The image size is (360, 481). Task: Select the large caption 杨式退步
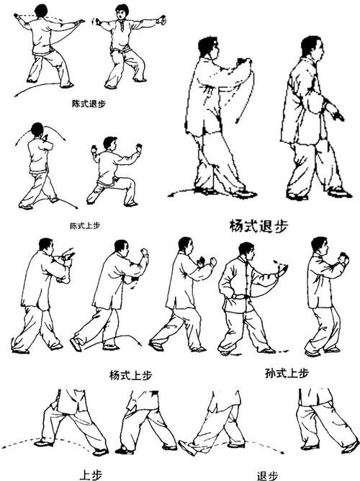click(x=257, y=225)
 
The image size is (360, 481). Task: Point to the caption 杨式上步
click(x=130, y=375)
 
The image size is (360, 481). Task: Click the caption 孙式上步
click(x=287, y=372)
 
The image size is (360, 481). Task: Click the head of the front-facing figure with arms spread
click(x=122, y=12)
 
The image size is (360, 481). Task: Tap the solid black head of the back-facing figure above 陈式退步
click(x=40, y=10)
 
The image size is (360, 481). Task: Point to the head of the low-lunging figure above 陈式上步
click(x=109, y=143)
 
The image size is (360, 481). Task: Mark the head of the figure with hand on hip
click(x=246, y=251)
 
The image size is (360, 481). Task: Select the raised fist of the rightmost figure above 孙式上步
click(x=344, y=257)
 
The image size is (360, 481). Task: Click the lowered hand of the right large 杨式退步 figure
click(x=335, y=113)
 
